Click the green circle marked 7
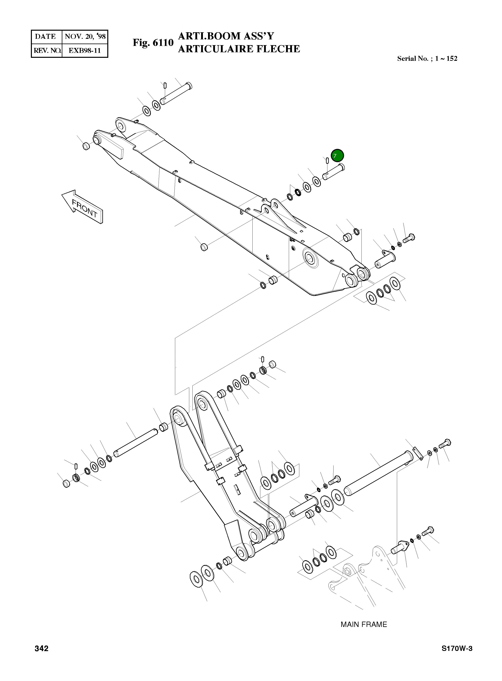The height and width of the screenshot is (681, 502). click(337, 156)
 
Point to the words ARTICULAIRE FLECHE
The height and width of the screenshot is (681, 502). click(239, 49)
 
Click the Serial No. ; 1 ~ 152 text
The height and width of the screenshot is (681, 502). click(427, 59)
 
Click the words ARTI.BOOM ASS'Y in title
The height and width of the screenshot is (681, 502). click(226, 36)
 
